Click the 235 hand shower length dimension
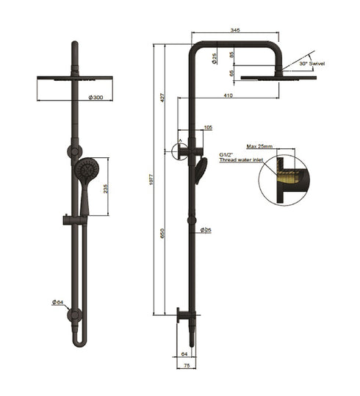click(107, 188)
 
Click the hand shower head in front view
click(84, 169)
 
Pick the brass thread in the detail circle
click(292, 178)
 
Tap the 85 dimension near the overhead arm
click(232, 54)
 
